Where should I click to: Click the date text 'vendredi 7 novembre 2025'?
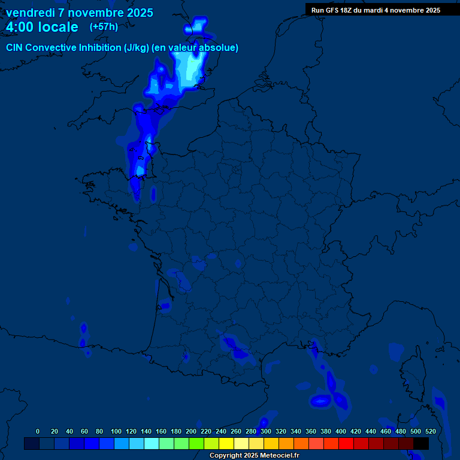coord(80,13)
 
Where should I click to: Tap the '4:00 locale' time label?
coord(42,27)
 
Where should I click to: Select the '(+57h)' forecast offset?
coord(104,26)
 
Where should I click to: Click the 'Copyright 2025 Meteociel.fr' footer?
coord(254,456)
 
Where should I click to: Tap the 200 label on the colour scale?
coord(191,431)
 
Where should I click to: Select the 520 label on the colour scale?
coord(430,431)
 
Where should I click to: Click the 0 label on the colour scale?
coord(38,431)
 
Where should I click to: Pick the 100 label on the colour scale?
coord(116,431)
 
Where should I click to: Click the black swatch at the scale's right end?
coord(421,444)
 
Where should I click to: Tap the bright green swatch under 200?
coord(196,444)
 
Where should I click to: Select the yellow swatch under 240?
coord(226,444)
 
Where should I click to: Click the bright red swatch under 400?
coord(346,444)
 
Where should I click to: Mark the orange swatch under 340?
coord(301,444)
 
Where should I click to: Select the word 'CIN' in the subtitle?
coord(14,48)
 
